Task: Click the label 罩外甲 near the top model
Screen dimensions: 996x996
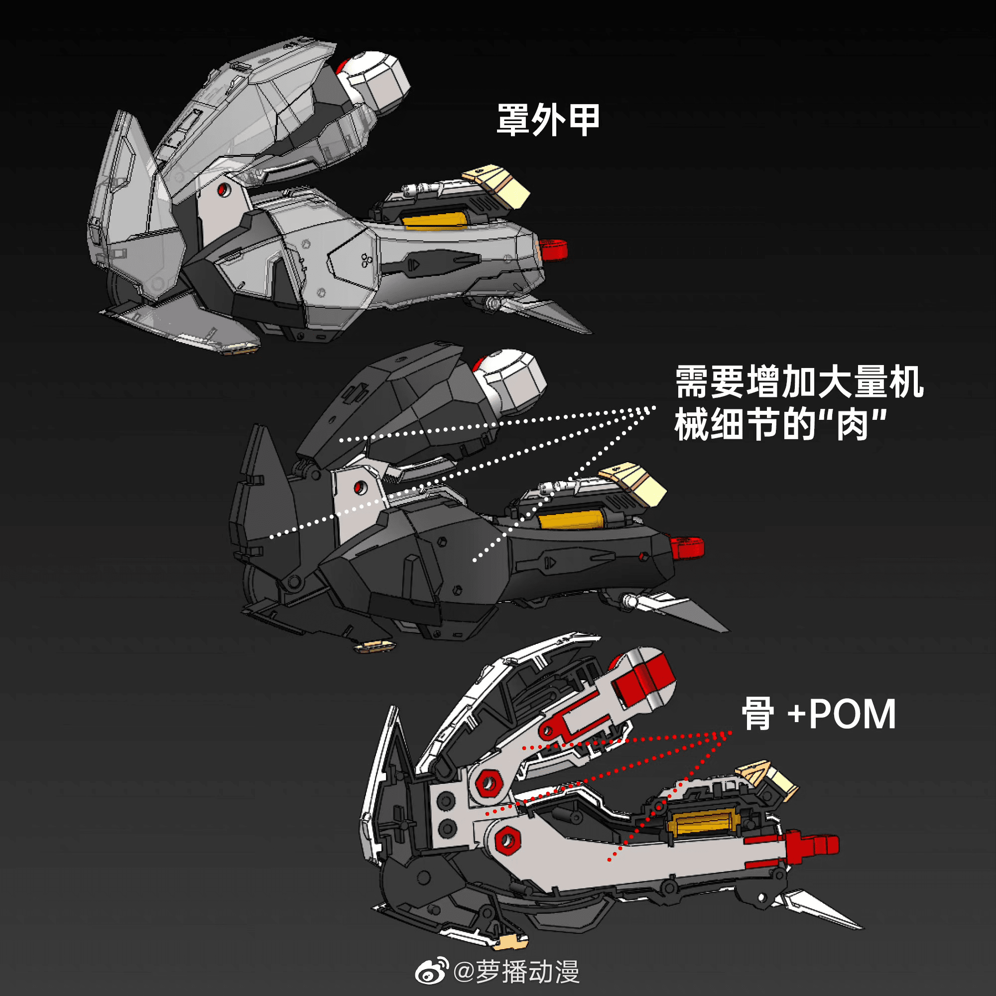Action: click(547, 120)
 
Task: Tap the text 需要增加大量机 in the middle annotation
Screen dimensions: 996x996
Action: click(799, 382)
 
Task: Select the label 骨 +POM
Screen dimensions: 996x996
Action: click(818, 714)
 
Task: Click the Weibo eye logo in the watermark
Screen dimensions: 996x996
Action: click(432, 971)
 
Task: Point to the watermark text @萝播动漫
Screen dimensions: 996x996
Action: click(516, 972)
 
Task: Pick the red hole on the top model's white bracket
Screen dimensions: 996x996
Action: click(223, 189)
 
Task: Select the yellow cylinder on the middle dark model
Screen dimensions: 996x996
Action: click(571, 519)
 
